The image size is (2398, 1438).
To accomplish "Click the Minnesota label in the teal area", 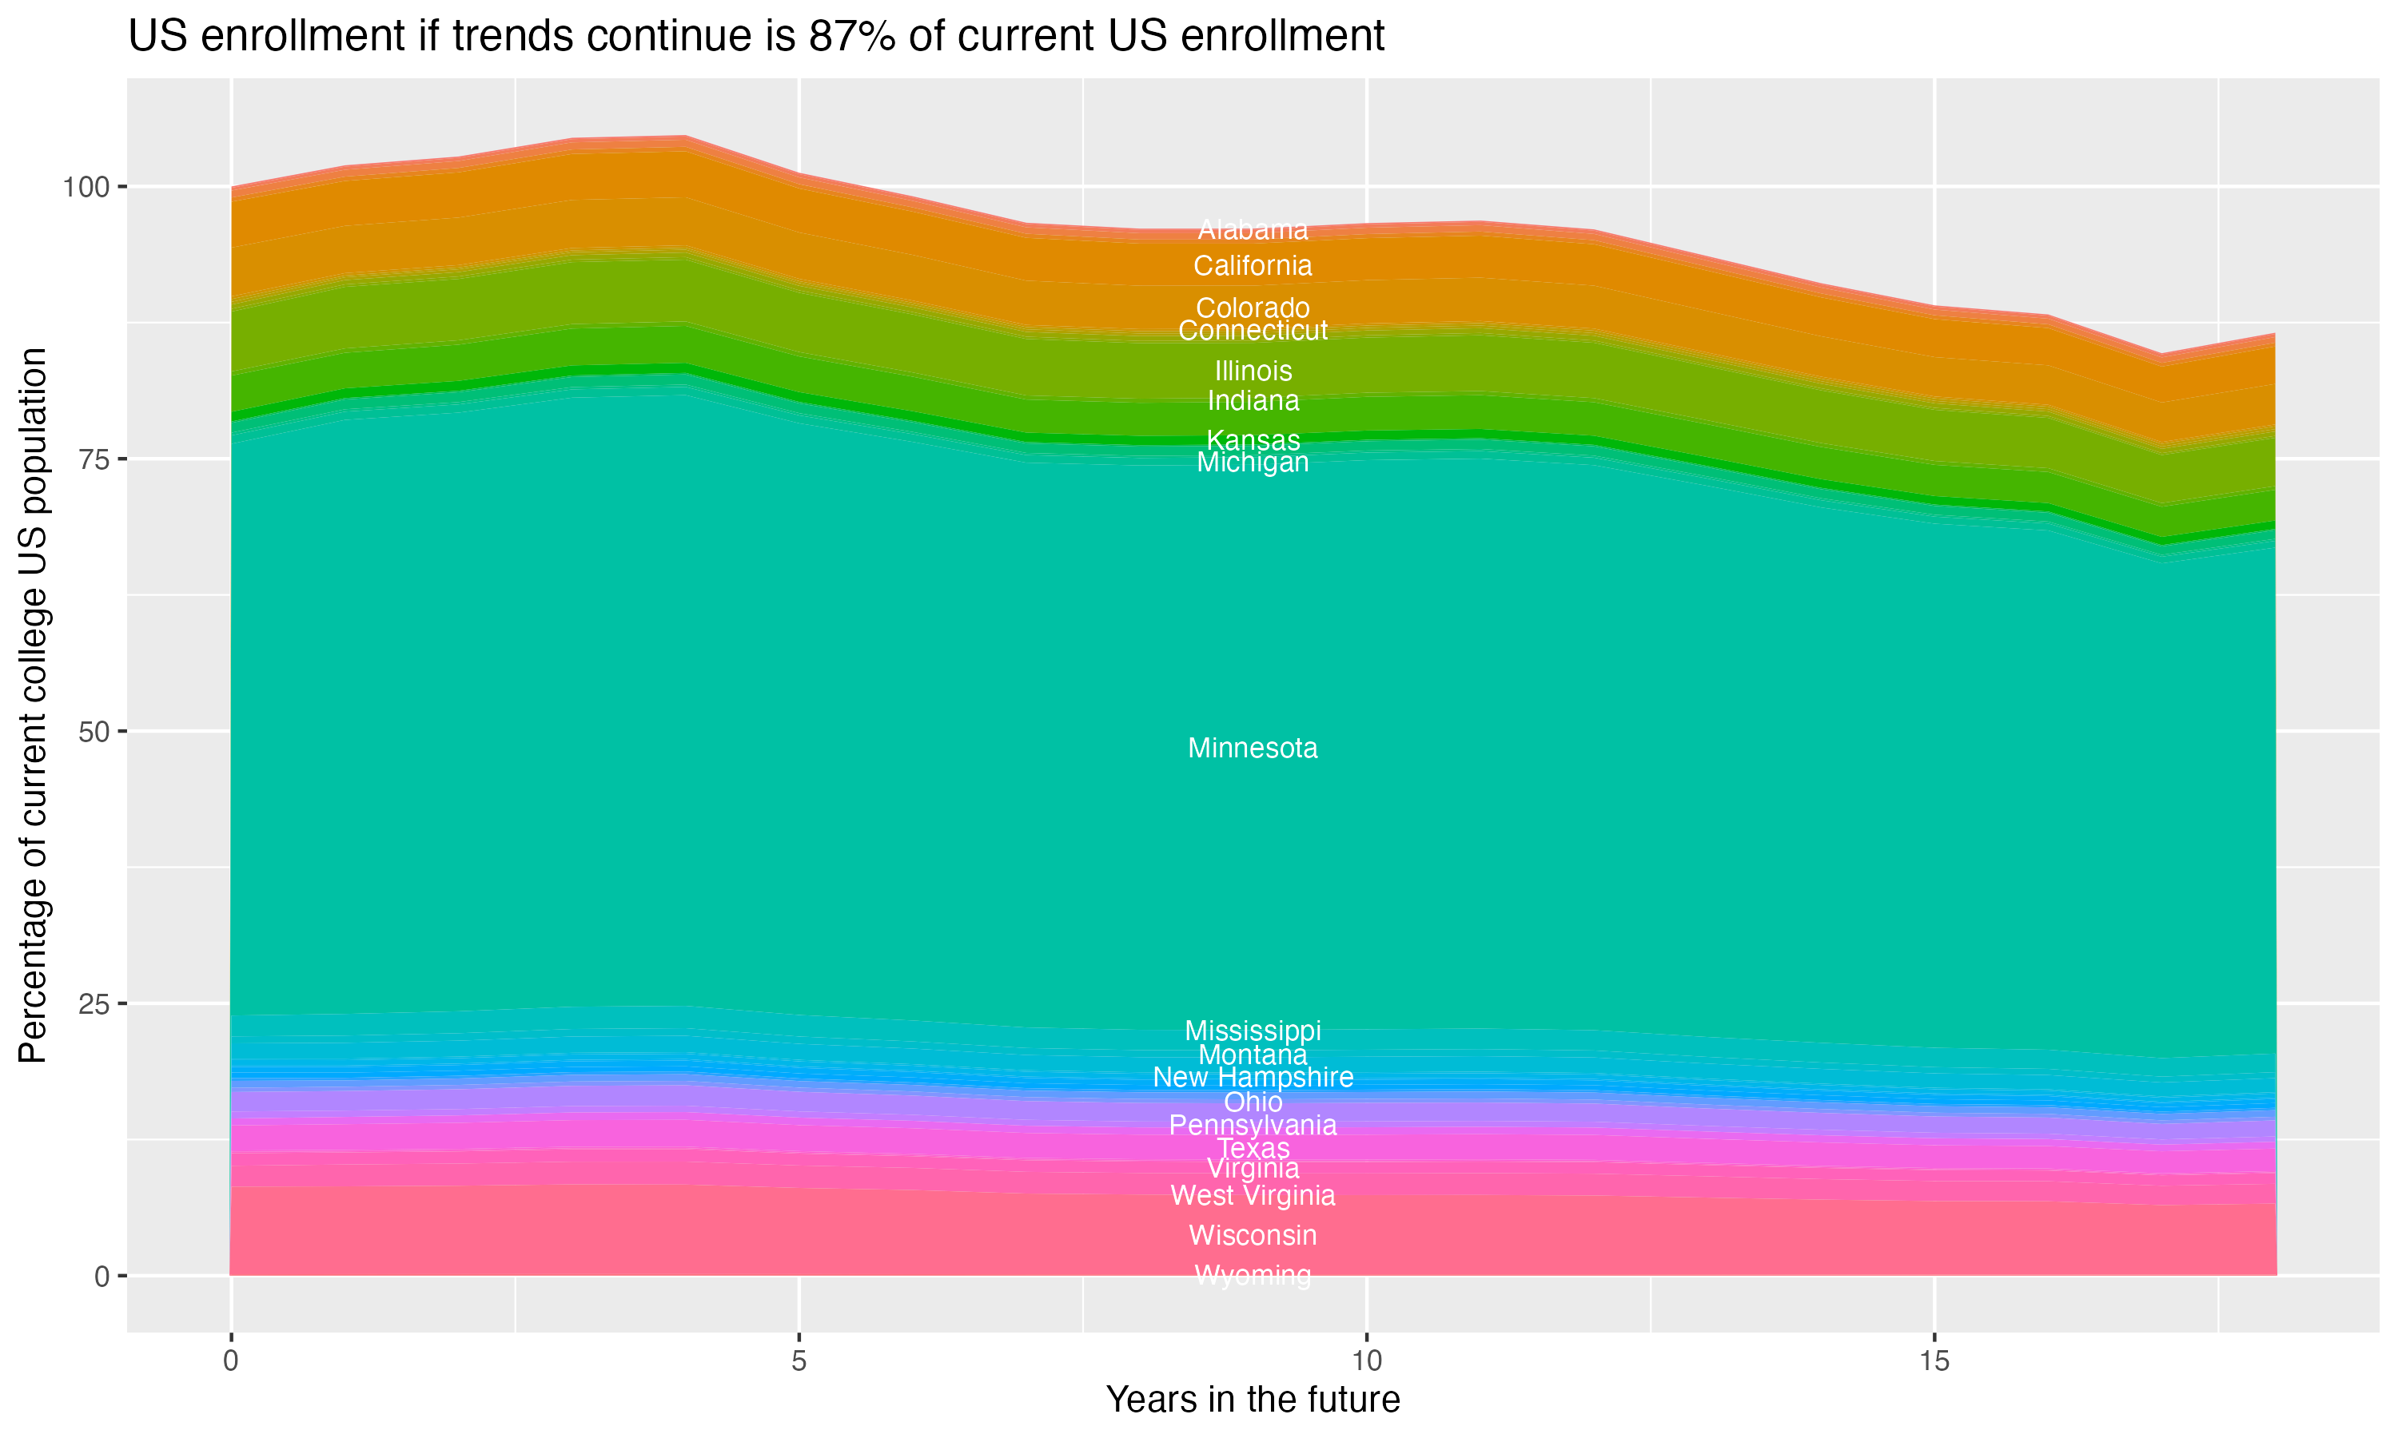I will [x=1253, y=748].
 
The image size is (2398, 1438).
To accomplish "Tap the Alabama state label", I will [x=1253, y=229].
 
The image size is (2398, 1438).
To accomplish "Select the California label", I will [x=1253, y=265].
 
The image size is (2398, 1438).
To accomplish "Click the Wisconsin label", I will [x=1253, y=1235].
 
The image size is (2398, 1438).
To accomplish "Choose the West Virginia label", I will [x=1253, y=1196].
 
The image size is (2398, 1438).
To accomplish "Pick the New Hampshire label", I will [x=1253, y=1078].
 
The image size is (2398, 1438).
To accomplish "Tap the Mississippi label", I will [x=1253, y=1031].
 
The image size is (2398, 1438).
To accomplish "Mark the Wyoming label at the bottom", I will [x=1253, y=1275].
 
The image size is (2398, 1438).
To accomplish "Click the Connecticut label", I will [x=1253, y=331].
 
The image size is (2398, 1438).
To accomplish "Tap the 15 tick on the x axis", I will [x=1934, y=1361].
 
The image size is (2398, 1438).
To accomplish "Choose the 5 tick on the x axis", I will [x=798, y=1361].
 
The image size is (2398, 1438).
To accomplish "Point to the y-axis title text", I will [x=33, y=705].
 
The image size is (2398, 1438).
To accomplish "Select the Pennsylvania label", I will [x=1253, y=1125].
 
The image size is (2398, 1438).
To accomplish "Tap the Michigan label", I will [x=1253, y=463].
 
